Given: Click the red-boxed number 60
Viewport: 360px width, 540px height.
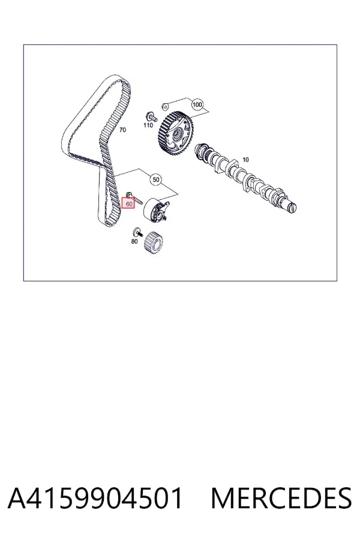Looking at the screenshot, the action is point(129,204).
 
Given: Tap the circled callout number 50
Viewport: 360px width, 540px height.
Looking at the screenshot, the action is point(156,179).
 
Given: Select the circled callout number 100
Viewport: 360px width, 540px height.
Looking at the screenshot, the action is point(197,104).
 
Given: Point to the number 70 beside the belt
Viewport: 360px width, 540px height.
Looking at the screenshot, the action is point(122,130).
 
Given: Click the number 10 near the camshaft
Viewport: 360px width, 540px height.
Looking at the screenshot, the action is point(245,160).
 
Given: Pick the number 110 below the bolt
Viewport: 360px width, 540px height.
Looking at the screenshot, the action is point(148,125).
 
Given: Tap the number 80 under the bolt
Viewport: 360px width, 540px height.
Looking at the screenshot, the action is point(134,241).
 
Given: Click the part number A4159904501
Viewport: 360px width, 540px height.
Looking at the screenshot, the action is point(95,497).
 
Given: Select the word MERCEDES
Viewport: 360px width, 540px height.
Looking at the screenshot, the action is point(281,497).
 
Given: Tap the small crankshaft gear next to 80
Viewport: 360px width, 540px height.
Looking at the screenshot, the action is point(154,243).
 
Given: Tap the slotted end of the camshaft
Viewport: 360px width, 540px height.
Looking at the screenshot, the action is point(292,208).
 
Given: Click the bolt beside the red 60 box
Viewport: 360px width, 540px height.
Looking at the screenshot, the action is point(134,197).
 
